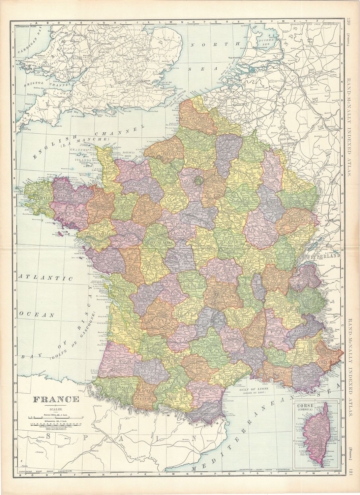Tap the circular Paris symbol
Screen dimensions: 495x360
198,180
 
